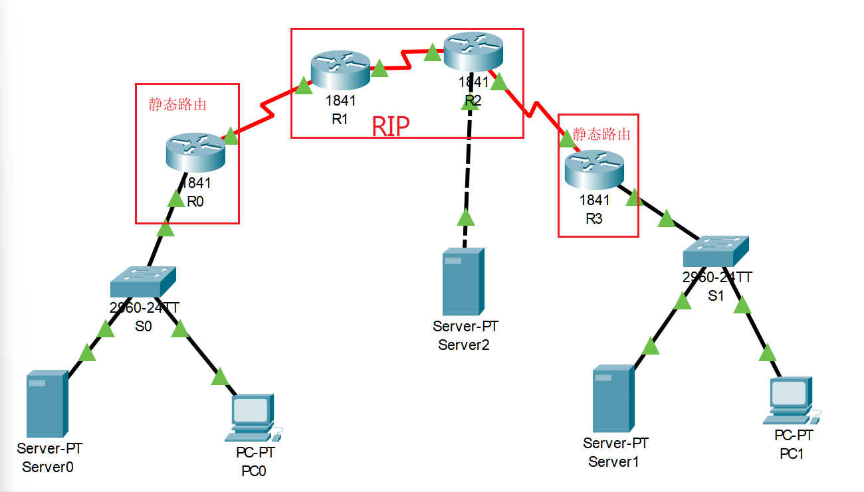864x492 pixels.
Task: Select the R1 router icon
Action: pyautogui.click(x=340, y=69)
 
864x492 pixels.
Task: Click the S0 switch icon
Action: pyautogui.click(x=144, y=282)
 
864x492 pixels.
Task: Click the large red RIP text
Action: pyautogui.click(x=390, y=125)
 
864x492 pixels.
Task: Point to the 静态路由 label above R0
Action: pyautogui.click(x=177, y=104)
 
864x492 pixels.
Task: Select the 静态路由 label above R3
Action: pyautogui.click(x=601, y=134)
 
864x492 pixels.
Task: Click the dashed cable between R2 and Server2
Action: pyautogui.click(x=469, y=159)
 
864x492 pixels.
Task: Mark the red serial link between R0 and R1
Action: pyautogui.click(x=266, y=113)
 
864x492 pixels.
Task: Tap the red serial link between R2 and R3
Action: pyautogui.click(x=532, y=110)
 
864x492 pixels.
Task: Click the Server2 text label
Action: pyautogui.click(x=464, y=345)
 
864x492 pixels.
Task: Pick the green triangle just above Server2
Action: pyautogui.click(x=466, y=217)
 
